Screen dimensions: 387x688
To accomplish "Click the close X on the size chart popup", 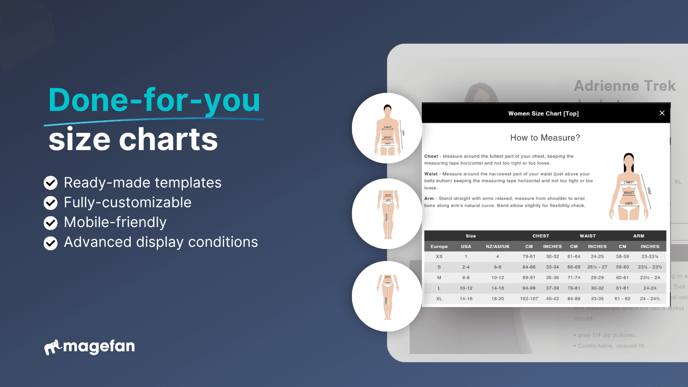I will tap(662, 113).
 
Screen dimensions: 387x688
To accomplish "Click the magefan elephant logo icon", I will tap(53, 347).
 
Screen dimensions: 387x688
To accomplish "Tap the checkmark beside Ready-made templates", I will tap(51, 183).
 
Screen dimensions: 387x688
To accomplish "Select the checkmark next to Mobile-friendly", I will tap(51, 222).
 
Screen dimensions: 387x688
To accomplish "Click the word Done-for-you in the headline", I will tap(154, 100).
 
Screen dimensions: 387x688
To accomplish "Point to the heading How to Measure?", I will tap(545, 138).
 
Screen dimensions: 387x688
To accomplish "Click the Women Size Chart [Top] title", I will tap(543, 114).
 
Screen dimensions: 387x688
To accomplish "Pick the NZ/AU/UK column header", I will tap(498, 246).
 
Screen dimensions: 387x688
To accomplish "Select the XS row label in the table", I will tap(439, 257).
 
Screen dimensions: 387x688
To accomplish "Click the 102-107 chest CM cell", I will tap(529, 299).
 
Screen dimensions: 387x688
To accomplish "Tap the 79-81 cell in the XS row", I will tap(529, 257).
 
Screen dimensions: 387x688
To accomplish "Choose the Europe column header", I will tap(439, 246).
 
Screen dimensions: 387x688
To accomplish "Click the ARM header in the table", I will tap(639, 236).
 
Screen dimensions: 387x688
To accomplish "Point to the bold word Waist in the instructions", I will tap(431, 174).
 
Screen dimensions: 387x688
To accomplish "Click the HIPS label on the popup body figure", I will tap(629, 203).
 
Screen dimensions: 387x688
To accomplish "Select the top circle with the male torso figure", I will tap(387, 128).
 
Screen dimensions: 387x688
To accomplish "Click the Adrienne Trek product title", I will tap(625, 86).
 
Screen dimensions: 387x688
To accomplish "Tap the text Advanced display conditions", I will tap(161, 242).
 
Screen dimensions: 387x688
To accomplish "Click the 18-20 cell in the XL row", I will tap(498, 299).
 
